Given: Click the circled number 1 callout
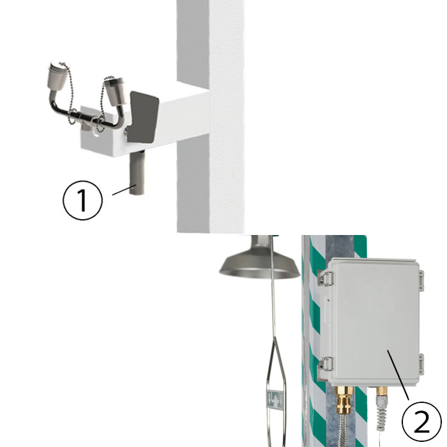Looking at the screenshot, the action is [x=82, y=200].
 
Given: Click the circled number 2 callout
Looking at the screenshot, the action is [x=421, y=421].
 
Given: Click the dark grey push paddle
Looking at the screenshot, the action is [x=142, y=117].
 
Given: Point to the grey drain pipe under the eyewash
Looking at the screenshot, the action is [x=137, y=173].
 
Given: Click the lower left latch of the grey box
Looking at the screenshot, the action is [x=325, y=363].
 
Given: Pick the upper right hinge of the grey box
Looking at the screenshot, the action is [x=421, y=281].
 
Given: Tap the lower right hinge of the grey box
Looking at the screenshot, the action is [x=421, y=364].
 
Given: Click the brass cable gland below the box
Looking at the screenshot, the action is [x=345, y=400].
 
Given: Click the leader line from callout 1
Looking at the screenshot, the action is [x=124, y=190].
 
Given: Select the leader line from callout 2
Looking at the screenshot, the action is [x=398, y=375].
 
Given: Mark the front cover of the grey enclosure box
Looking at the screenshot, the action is [x=374, y=322].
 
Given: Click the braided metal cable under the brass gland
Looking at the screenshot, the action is [x=344, y=430].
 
